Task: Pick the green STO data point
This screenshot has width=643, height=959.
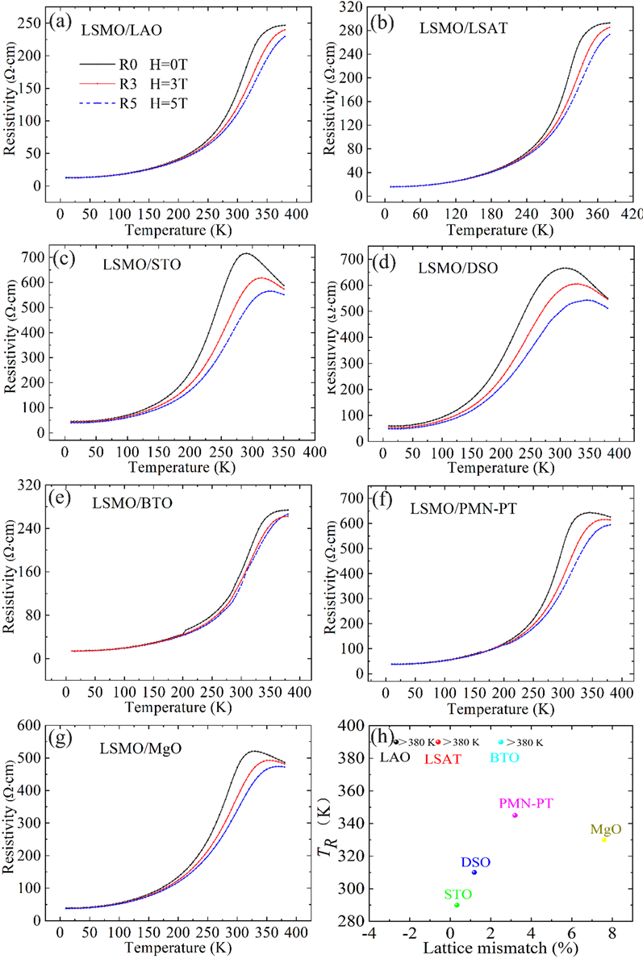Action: pyautogui.click(x=457, y=905)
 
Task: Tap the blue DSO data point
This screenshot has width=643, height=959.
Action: pyautogui.click(x=474, y=872)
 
